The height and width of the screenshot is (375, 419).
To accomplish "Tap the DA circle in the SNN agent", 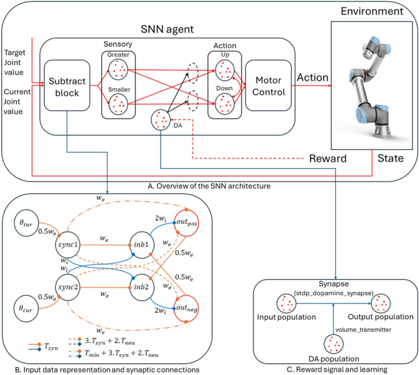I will point(160,120).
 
